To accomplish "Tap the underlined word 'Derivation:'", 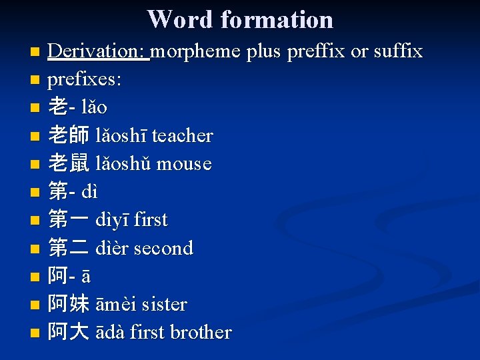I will click(x=99, y=51).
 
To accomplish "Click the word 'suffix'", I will click(x=397, y=51).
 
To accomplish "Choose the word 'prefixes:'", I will click(x=85, y=79).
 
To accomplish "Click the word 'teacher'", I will click(x=182, y=136).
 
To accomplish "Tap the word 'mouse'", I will click(x=184, y=164).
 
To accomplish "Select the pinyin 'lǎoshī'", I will click(x=121, y=136).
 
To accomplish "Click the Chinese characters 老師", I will click(x=69, y=136).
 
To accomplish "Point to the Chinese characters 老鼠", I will click(x=69, y=164).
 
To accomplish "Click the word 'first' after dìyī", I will click(x=151, y=220).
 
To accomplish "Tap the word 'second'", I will click(x=163, y=248).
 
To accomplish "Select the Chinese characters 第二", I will click(x=69, y=248).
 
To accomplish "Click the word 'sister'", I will click(x=162, y=305).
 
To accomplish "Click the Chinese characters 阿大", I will click(x=69, y=332).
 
